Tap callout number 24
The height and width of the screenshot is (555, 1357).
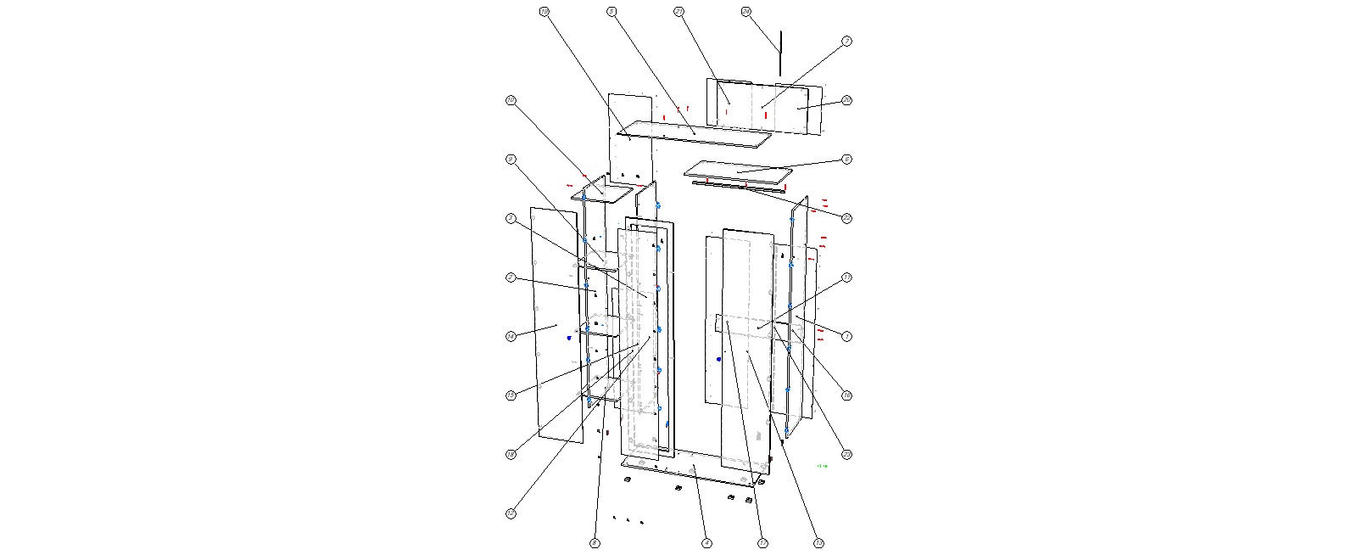746,11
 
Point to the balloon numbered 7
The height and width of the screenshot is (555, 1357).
846,41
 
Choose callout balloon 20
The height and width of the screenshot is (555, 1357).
846,100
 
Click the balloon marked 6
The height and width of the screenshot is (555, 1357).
846,159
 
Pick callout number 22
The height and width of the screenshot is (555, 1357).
846,218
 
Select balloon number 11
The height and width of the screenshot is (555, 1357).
846,277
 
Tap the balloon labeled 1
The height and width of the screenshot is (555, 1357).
846,336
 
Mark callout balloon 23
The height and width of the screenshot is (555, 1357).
846,454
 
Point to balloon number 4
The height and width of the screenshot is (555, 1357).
706,542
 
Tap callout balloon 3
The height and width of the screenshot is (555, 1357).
511,218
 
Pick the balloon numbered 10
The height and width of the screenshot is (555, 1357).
511,100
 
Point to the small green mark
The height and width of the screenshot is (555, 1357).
821,466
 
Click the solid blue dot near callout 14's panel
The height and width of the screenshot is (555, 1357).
569,338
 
